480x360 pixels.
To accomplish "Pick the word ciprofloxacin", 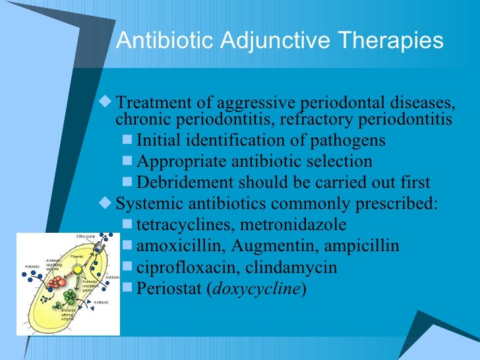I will tap(181, 268).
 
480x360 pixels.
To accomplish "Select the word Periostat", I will tap(165, 289).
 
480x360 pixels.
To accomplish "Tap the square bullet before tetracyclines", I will tap(128, 225).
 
